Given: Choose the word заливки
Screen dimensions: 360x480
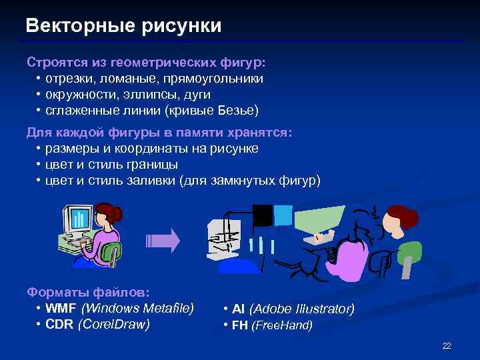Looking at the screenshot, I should (151, 180).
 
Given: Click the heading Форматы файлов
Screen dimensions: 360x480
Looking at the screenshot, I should (88, 292).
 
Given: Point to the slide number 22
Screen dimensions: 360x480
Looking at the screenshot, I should (447, 345).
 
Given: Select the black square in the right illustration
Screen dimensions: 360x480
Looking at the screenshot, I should (263, 215).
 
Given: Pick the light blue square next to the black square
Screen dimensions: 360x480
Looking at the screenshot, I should (283, 215).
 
